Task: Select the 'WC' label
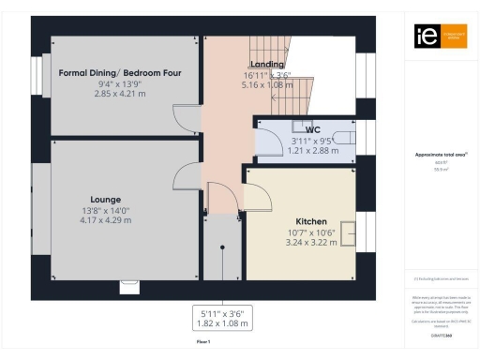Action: (x=300, y=130)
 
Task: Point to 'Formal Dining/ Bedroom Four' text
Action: (x=119, y=73)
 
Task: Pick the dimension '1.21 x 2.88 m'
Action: (x=300, y=150)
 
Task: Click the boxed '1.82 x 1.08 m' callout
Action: (x=223, y=323)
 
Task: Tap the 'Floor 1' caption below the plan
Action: (x=202, y=343)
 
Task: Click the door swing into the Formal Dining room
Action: (x=187, y=118)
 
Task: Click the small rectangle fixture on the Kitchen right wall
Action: (x=348, y=232)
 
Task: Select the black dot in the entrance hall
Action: (x=222, y=247)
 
